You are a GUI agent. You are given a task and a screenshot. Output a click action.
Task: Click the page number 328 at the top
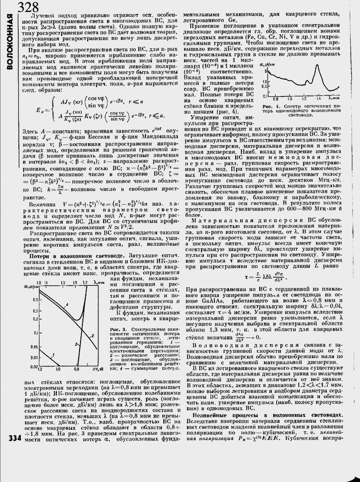(28, 7)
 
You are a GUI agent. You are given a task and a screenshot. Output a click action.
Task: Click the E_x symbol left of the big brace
(42, 110)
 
